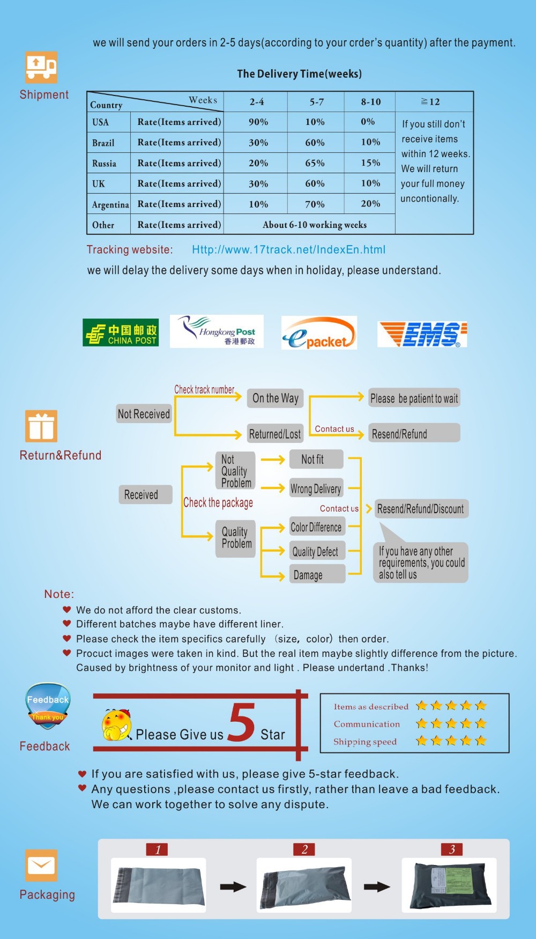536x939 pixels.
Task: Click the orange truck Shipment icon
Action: (x=41, y=68)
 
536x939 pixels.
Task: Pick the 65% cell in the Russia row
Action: (x=316, y=163)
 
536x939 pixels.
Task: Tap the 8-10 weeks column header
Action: (x=370, y=102)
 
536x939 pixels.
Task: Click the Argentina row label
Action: (x=109, y=204)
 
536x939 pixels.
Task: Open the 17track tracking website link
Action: (x=289, y=249)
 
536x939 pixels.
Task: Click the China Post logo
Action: (x=121, y=332)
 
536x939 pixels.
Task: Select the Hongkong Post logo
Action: (x=217, y=331)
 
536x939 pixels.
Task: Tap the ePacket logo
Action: (x=319, y=333)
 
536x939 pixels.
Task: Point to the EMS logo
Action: (x=422, y=334)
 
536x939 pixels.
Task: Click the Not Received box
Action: (x=144, y=413)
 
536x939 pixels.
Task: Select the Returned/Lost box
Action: (x=275, y=434)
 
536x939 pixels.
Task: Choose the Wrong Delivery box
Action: (x=316, y=489)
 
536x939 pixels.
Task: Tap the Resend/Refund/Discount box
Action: (x=421, y=508)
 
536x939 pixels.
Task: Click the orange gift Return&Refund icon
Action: (x=41, y=426)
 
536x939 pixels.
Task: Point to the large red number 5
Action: (x=242, y=722)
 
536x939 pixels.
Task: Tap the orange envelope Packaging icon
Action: (x=41, y=865)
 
